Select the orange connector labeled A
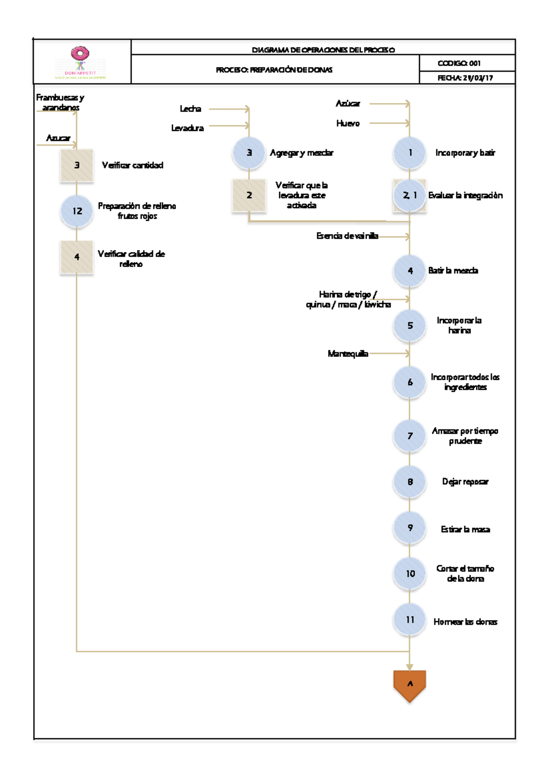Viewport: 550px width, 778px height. [x=410, y=685]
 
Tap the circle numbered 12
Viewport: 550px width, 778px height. [x=77, y=211]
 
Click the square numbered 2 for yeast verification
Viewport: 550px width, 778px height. [x=249, y=196]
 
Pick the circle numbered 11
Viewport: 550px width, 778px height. [x=410, y=619]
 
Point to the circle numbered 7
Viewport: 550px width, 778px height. [x=410, y=436]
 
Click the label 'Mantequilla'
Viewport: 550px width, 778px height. [x=348, y=354]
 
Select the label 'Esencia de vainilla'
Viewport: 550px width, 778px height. [x=347, y=236]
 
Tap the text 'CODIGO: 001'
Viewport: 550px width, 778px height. [x=459, y=63]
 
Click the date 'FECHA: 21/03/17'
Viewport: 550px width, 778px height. [x=465, y=78]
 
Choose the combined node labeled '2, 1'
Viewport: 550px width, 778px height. [x=410, y=196]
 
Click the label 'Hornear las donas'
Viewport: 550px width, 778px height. [x=465, y=622]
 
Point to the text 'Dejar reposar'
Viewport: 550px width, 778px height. [x=465, y=482]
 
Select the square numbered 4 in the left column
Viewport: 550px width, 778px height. [x=77, y=257]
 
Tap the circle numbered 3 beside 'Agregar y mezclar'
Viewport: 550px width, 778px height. [x=249, y=153]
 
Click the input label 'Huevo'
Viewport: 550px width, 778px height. [x=348, y=123]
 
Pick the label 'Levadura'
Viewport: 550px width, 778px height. [x=187, y=128]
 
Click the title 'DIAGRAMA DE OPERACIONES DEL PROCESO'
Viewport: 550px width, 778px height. [x=323, y=49]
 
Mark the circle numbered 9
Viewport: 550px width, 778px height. [x=410, y=528]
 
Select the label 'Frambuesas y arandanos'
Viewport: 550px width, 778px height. [x=60, y=103]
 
